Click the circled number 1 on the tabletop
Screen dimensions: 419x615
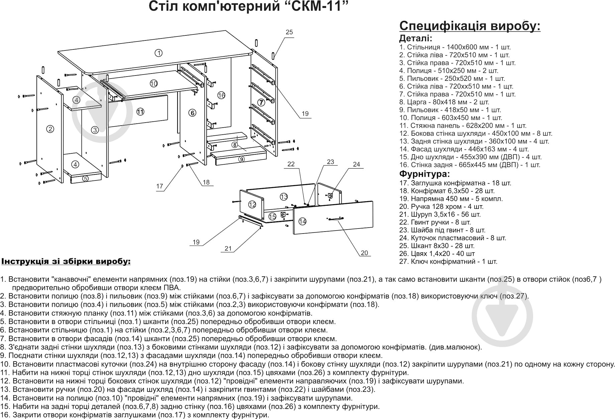point(159,53)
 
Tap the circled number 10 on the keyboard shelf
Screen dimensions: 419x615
point(153,84)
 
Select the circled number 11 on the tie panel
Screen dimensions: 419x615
point(140,112)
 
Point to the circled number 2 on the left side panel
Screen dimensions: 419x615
point(50,129)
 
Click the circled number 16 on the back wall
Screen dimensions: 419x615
point(221,95)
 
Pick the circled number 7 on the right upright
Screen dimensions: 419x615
point(261,102)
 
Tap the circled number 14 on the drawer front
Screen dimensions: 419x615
point(302,221)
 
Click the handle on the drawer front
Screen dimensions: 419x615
point(335,219)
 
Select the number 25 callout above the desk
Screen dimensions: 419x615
point(289,32)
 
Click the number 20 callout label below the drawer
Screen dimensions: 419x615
point(364,253)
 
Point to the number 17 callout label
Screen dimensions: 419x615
point(160,186)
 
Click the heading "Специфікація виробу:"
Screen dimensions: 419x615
point(470,26)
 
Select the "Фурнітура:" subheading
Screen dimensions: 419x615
point(424,174)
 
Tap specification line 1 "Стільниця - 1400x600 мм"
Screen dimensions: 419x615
point(455,47)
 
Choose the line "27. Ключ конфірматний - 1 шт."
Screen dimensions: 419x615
point(448,262)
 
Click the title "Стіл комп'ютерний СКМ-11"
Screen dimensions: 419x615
point(246,7)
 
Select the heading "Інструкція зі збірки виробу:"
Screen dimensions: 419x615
point(66,262)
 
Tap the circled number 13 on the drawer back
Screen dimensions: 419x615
point(284,196)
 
